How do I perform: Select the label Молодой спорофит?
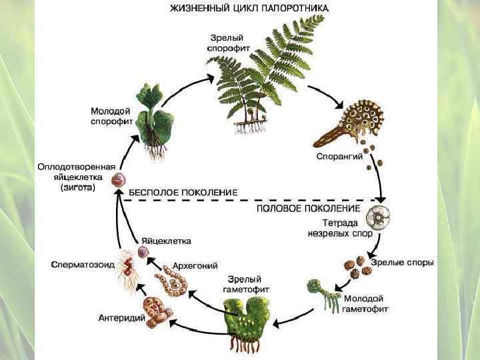click(111, 116)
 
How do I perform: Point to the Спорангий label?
click(339, 157)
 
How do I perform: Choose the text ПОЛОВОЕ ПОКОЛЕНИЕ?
click(313, 209)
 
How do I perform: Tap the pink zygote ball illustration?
click(119, 179)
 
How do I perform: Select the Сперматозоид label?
click(83, 264)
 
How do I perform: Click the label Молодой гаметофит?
click(365, 304)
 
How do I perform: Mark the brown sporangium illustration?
click(347, 123)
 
